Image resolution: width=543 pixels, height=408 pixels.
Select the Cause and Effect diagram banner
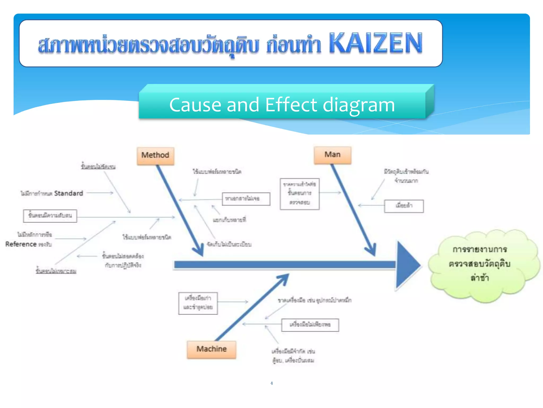click(282, 104)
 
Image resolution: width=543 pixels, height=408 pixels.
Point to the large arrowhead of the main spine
click(407, 265)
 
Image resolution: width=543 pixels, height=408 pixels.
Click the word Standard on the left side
click(68, 193)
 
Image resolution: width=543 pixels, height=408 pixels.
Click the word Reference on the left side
click(21, 244)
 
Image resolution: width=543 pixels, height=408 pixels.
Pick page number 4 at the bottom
click(271, 383)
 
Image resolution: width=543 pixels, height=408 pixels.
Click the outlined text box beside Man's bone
click(300, 194)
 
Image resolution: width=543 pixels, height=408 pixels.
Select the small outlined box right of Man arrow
click(404, 206)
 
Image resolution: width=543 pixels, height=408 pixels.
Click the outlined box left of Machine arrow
click(198, 303)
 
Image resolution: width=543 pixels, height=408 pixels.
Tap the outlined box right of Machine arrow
click(310, 325)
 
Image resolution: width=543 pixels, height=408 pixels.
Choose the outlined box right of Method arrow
click(246, 199)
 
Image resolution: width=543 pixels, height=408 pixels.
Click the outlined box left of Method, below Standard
click(50, 216)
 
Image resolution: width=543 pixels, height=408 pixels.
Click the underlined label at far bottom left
click(56, 271)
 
